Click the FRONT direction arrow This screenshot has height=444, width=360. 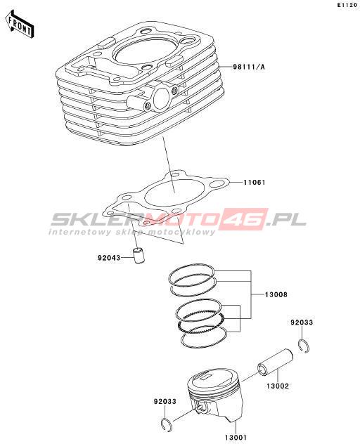click(x=19, y=25)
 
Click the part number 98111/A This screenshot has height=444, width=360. click(x=249, y=67)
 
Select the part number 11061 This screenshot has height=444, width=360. click(x=255, y=183)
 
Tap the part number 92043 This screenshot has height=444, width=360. click(x=109, y=258)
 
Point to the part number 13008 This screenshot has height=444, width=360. click(x=276, y=295)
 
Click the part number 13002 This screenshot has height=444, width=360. click(x=278, y=386)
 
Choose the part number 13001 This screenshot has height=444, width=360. click(x=236, y=438)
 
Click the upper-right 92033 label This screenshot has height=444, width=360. click(x=302, y=322)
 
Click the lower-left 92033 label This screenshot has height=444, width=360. click(x=165, y=402)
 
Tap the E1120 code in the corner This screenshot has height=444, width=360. click(x=347, y=5)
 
